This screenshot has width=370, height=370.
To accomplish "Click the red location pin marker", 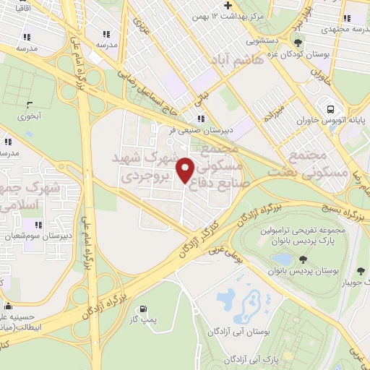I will coord(186,169).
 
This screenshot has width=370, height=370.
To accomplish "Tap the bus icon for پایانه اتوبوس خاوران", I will coord(330,108).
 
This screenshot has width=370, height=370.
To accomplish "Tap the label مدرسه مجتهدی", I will coord(341,27).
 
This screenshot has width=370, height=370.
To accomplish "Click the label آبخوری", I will coord(30,116).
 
